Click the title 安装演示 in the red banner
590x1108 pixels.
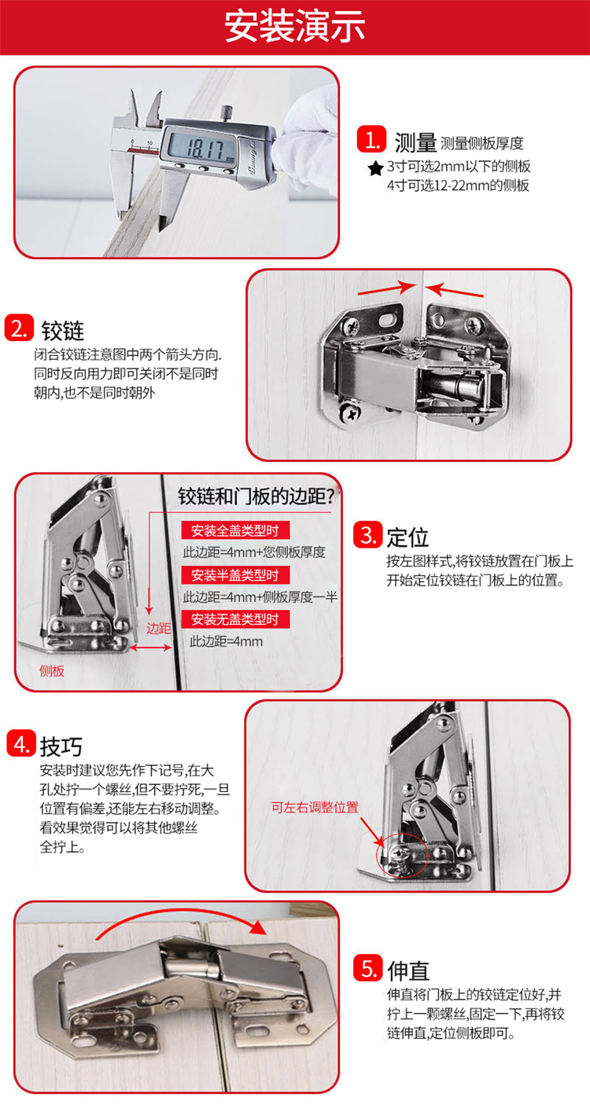[295, 26]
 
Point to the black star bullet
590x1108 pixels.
[375, 168]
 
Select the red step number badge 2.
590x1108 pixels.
[19, 328]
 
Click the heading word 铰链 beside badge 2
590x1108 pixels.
[63, 330]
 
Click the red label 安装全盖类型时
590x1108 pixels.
[234, 530]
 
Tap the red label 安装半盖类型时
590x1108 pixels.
[234, 574]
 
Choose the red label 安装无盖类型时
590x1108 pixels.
[234, 618]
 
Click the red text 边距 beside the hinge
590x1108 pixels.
[159, 628]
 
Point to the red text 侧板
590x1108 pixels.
[52, 671]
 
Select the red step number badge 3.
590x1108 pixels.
[367, 534]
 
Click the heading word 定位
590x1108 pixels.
[407, 537]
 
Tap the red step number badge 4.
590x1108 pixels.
[21, 743]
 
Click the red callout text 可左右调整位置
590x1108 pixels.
[315, 808]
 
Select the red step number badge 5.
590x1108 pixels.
[367, 967]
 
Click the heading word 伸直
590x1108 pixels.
[408, 970]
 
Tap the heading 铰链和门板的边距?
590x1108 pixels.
[258, 496]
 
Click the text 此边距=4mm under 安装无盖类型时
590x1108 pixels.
[226, 641]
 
